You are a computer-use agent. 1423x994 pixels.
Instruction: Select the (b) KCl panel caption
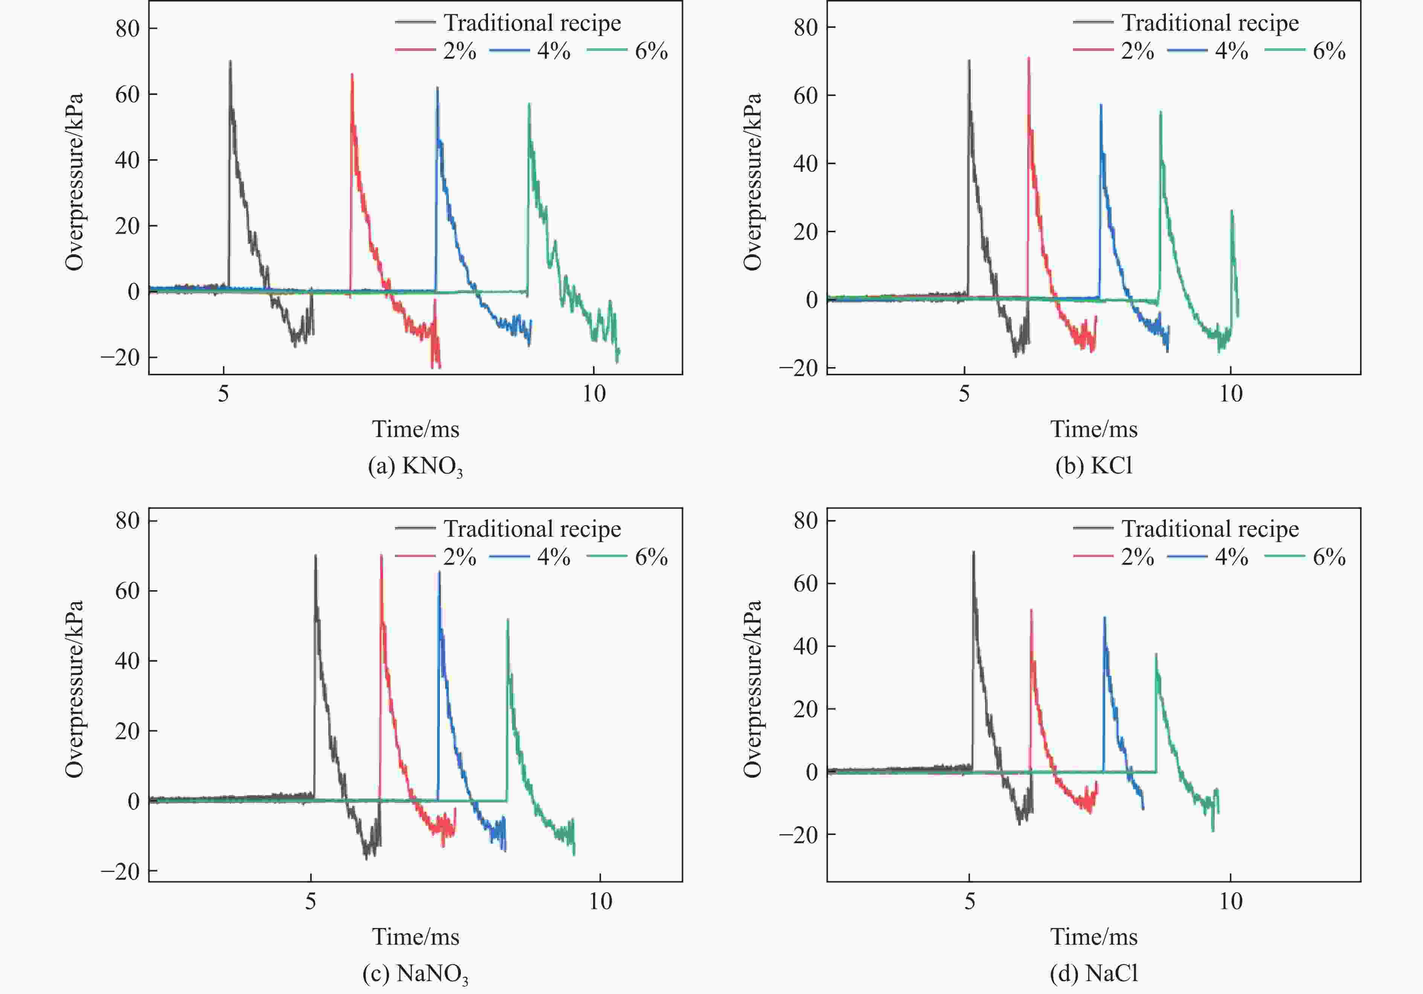point(1094,465)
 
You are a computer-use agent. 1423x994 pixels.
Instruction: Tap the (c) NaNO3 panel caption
point(415,974)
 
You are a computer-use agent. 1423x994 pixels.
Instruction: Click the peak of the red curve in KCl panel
point(1029,58)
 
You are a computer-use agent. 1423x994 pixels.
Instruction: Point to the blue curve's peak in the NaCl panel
point(1104,618)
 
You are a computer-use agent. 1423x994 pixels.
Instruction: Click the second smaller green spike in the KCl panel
point(1232,211)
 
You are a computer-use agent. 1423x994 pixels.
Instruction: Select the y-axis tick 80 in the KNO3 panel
point(128,29)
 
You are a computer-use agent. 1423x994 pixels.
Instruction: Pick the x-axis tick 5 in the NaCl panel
point(970,901)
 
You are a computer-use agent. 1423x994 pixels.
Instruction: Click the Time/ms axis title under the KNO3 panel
point(415,429)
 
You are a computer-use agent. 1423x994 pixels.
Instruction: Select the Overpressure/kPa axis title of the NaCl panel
point(752,688)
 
